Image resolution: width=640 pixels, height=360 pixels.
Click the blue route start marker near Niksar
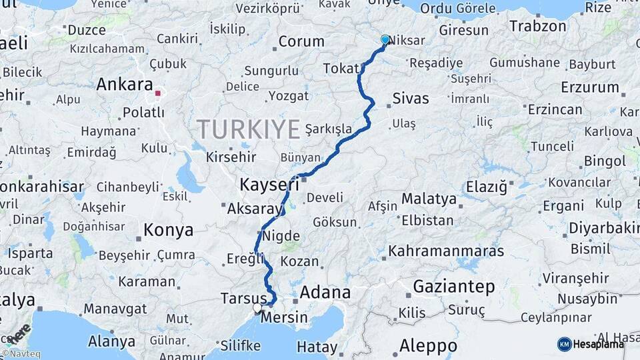(x=385, y=40)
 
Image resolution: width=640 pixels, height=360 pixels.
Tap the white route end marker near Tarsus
(x=257, y=308)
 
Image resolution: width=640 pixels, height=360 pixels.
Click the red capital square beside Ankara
(x=158, y=93)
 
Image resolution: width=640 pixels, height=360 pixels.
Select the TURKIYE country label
(x=248, y=129)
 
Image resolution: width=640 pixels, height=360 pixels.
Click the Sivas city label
(x=411, y=99)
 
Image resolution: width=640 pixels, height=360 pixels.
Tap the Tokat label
(x=341, y=69)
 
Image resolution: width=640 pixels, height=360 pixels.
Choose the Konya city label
(x=169, y=231)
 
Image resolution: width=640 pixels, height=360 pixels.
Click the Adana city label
(x=325, y=292)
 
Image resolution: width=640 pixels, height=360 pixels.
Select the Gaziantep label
(x=454, y=287)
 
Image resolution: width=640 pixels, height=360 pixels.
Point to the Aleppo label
(x=428, y=346)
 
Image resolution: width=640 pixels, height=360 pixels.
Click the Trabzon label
(x=538, y=27)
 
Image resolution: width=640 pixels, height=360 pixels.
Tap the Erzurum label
(x=590, y=87)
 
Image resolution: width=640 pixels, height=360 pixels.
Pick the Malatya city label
(x=429, y=199)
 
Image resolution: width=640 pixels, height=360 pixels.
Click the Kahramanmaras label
(x=446, y=251)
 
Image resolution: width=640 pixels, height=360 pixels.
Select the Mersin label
(x=284, y=318)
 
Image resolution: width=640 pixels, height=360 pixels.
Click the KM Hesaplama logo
(x=591, y=344)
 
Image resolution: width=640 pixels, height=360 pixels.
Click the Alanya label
(x=111, y=341)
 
